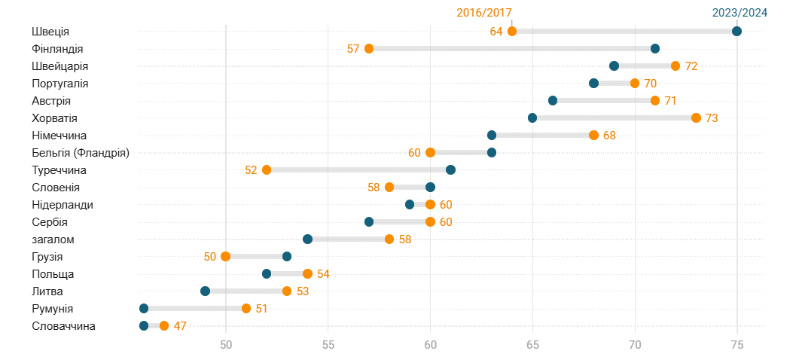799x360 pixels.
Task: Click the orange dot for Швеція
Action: click(512, 31)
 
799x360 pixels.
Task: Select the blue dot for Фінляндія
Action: click(655, 49)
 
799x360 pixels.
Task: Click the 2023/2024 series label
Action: click(740, 12)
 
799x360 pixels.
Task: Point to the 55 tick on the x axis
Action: click(328, 344)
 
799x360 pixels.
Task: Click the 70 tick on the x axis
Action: click(635, 344)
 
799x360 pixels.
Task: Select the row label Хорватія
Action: click(55, 118)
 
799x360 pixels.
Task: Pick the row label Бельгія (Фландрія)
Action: click(81, 153)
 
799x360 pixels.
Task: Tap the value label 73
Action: click(712, 118)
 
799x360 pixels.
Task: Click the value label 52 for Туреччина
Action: click(251, 170)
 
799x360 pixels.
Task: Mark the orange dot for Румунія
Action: click(246, 309)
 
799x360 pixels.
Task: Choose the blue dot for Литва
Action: click(206, 291)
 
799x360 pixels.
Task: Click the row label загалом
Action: click(53, 239)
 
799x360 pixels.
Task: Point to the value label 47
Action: click(180, 326)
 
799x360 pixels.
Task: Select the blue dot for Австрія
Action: click(553, 101)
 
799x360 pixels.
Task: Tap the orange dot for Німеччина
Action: click(593, 136)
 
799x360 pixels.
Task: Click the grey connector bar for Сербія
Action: click(399, 222)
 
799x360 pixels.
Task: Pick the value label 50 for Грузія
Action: click(210, 257)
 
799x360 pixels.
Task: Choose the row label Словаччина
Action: click(63, 326)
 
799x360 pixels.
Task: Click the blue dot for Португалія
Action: click(593, 84)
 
